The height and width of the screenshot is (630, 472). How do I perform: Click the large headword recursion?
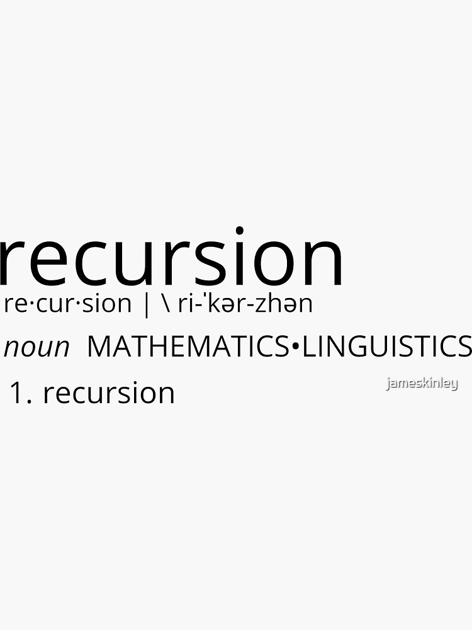[x=171, y=258]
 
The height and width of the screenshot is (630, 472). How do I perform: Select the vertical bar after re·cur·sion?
[x=147, y=304]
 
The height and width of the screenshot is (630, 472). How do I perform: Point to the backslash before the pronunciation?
[x=166, y=304]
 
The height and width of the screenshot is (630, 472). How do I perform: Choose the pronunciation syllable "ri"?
[x=188, y=304]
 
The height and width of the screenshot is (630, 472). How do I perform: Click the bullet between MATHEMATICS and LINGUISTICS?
[x=296, y=347]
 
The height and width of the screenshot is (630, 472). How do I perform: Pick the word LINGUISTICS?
[x=386, y=346]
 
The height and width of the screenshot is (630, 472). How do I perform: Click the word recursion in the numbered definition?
[x=108, y=393]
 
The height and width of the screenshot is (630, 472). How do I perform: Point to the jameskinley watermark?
[x=422, y=383]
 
